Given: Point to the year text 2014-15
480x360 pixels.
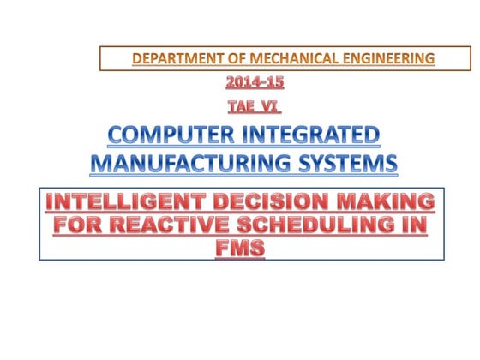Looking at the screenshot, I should tap(255, 83).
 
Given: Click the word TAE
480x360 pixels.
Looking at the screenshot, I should tap(243, 106).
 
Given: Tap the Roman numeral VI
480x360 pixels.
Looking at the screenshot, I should tap(272, 106).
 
